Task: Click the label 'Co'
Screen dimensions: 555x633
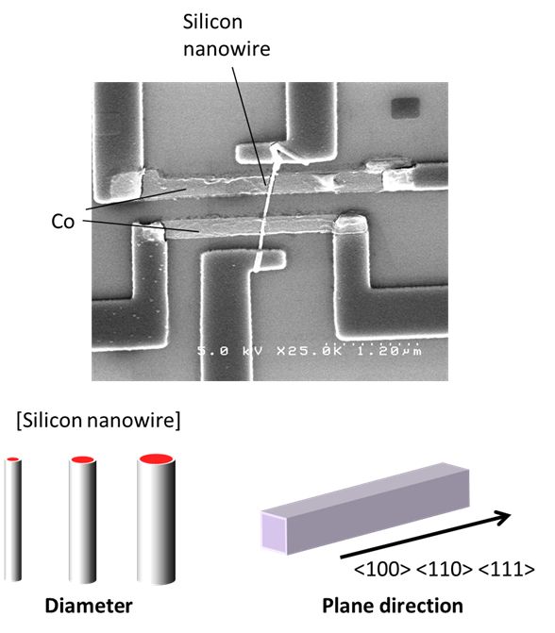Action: tap(63, 222)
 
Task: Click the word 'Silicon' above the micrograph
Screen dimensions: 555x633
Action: tap(212, 22)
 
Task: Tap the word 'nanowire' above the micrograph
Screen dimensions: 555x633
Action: tap(227, 49)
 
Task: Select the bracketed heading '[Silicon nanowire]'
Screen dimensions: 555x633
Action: tap(98, 420)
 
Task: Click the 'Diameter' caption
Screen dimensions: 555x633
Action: tap(89, 606)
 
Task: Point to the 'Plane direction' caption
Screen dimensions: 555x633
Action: tap(393, 607)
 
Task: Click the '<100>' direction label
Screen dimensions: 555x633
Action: tap(381, 569)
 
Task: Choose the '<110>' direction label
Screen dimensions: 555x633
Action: tap(444, 569)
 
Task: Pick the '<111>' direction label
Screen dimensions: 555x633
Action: tap(507, 569)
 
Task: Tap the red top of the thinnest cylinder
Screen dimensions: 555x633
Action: tap(13, 459)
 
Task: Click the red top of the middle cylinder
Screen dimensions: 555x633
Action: tap(82, 459)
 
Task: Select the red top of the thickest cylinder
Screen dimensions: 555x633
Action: tap(156, 458)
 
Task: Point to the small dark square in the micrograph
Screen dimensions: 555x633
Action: tap(405, 108)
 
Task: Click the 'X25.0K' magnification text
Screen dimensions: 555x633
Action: tap(309, 350)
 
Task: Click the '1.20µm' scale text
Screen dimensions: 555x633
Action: tap(389, 350)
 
